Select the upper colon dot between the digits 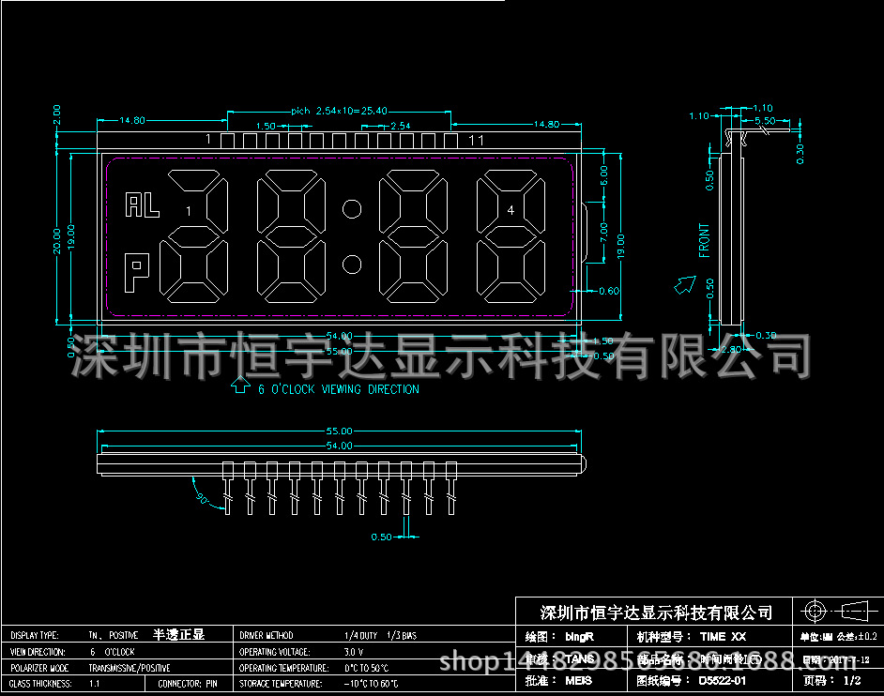click(352, 208)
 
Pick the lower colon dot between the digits click(352, 264)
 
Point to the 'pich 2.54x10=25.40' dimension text click(340, 111)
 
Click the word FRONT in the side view click(705, 239)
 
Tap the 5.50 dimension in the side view click(765, 121)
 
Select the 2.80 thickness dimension click(732, 349)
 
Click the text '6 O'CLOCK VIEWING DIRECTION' click(339, 389)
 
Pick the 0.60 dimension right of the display click(608, 291)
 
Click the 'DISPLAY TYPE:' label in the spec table click(35, 635)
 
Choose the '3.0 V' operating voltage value click(354, 651)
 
